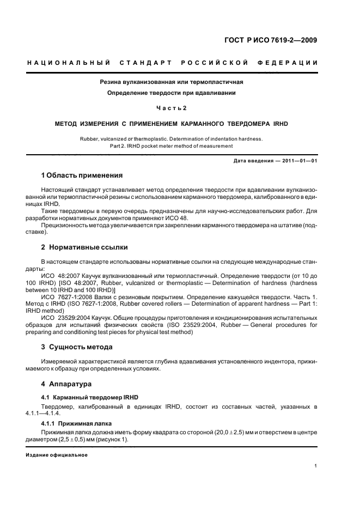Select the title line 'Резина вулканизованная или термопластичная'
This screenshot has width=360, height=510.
tap(171, 82)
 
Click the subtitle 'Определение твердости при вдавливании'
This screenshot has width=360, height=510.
tap(171, 93)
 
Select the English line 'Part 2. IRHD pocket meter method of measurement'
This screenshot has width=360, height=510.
tap(171, 146)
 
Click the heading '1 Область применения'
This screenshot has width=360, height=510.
tap(82, 175)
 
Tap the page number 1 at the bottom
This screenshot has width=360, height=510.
tap(316, 466)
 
